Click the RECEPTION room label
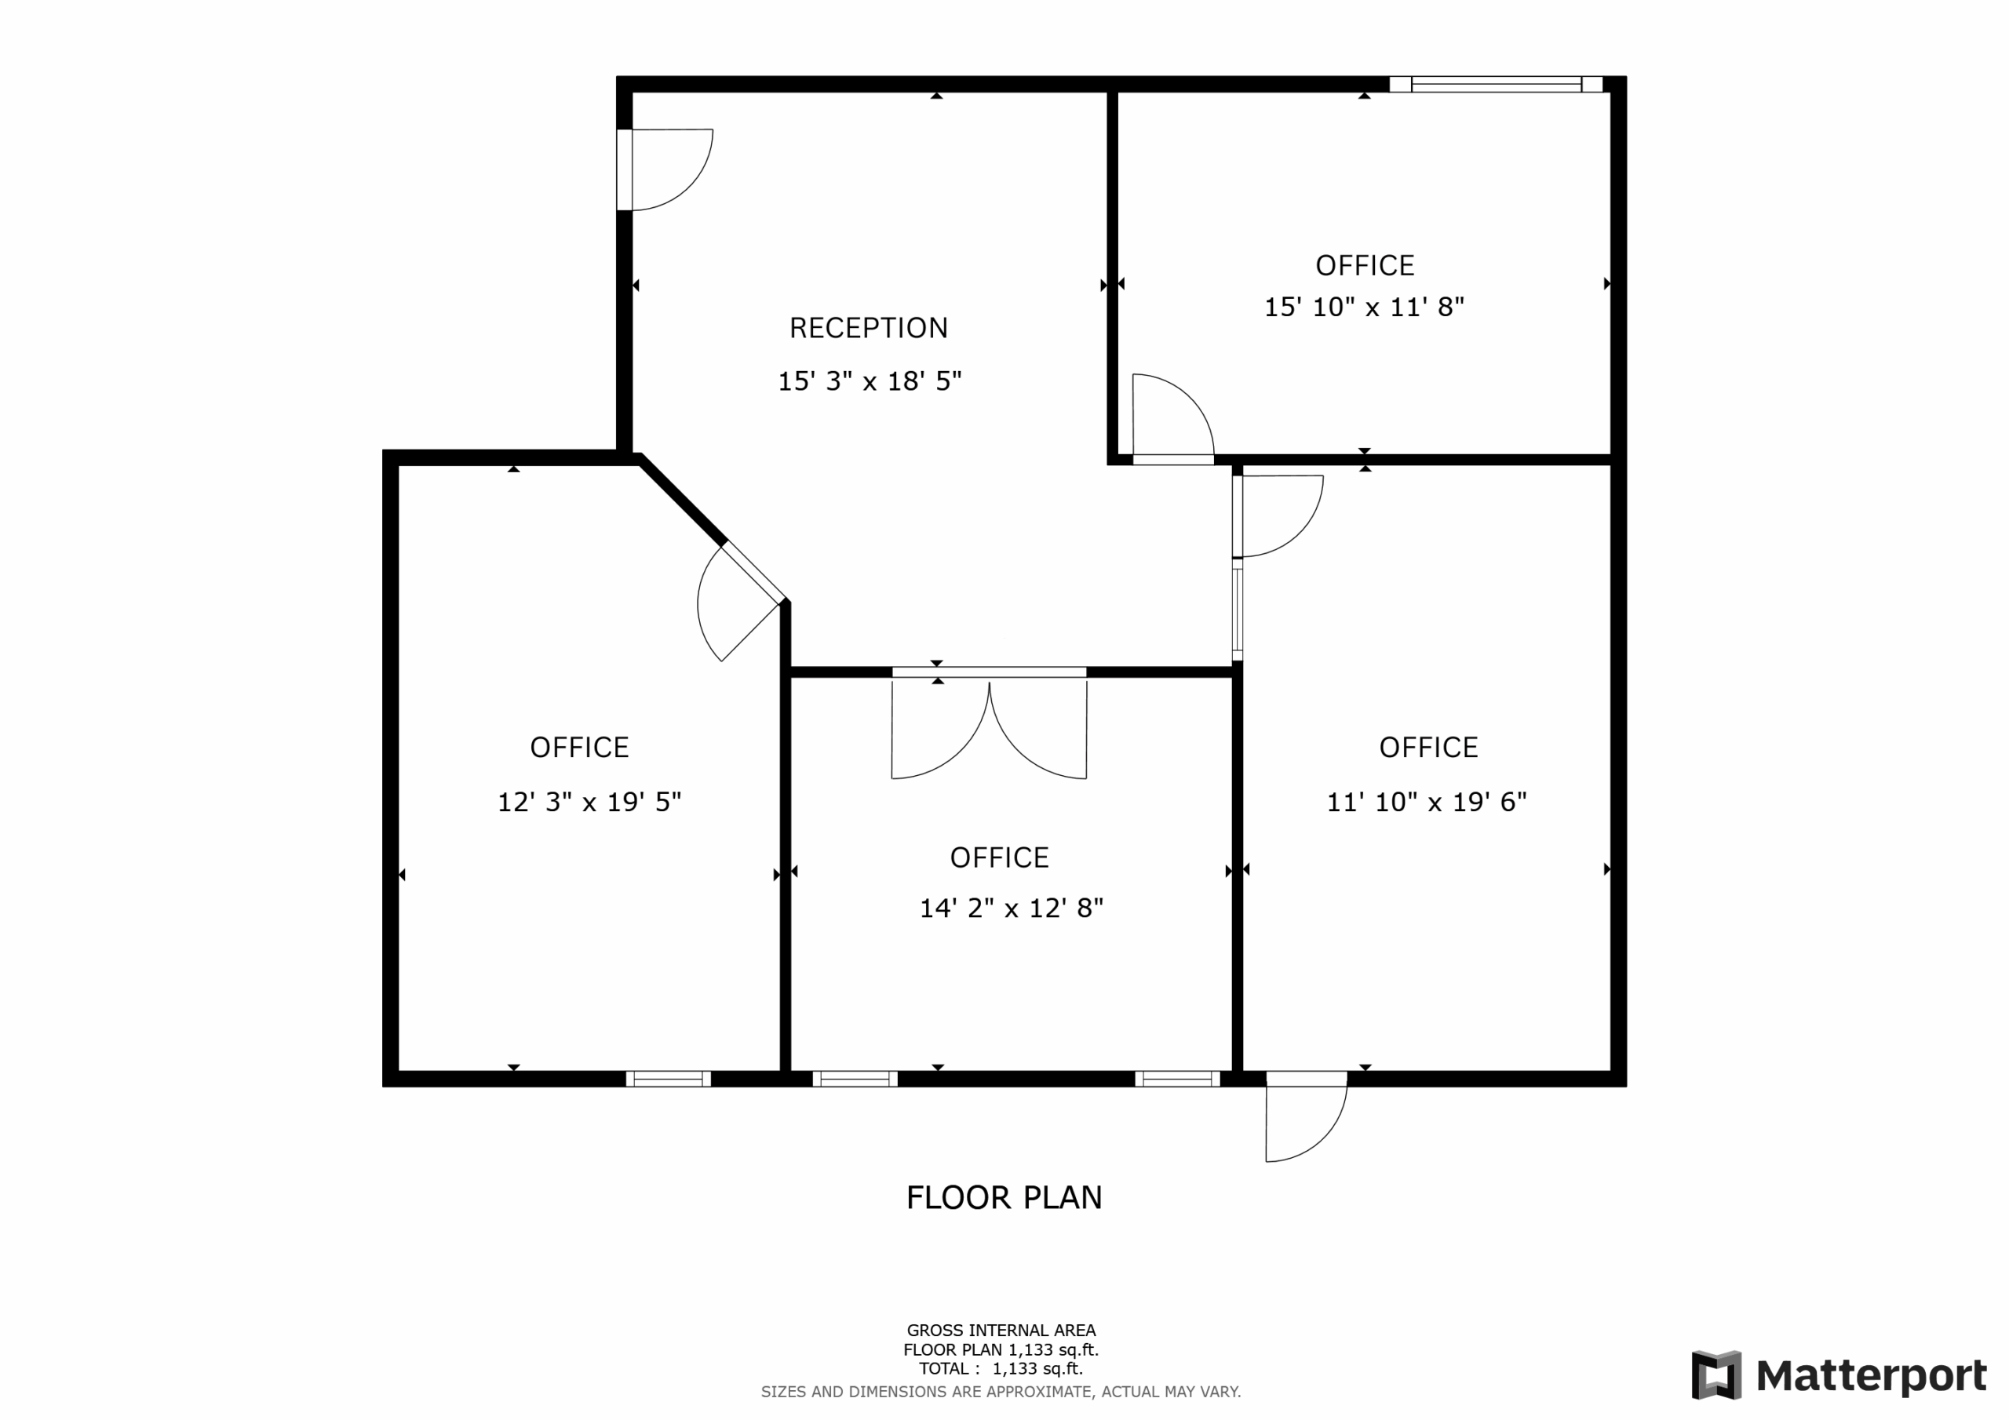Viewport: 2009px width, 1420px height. point(868,328)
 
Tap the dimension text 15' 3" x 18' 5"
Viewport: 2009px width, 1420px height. point(869,381)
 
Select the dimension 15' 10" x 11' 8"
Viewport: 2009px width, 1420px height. point(1363,307)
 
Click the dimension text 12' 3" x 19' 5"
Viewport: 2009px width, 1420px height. point(589,803)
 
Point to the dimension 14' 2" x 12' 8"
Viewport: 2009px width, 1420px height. point(1011,908)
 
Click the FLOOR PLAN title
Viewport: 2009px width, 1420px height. point(1004,1198)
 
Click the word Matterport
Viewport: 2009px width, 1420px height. point(1871,1375)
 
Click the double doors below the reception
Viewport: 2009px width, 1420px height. point(989,726)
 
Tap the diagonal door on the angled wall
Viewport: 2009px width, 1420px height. point(735,604)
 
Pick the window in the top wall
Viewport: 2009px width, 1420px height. point(1496,85)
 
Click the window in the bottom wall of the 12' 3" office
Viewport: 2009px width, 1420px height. point(668,1079)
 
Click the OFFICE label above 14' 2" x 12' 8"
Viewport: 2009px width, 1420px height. point(999,857)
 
